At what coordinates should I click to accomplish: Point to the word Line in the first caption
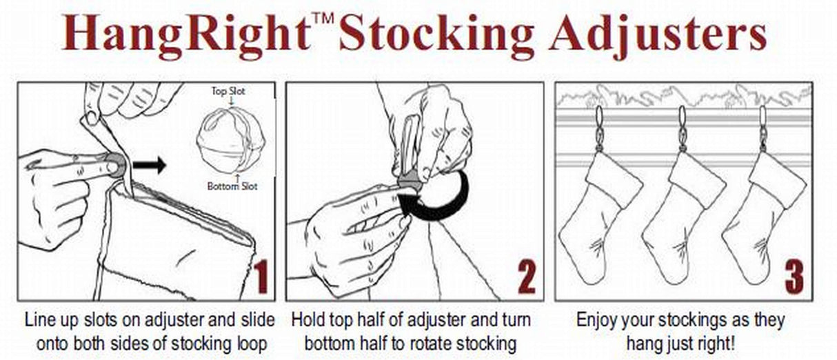pos(39,321)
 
